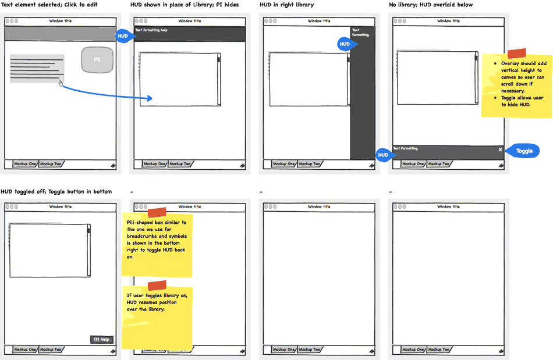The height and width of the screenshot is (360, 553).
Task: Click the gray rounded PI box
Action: click(97, 59)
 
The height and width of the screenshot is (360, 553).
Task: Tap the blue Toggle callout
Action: click(523, 151)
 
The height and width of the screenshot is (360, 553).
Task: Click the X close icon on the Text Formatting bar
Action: click(500, 149)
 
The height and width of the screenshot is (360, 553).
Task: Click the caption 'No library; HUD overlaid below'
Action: click(430, 5)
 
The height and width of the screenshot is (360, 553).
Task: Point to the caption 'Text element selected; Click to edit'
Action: click(49, 5)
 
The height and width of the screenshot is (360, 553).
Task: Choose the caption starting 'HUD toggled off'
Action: click(56, 191)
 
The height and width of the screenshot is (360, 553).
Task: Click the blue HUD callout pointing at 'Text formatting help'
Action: click(124, 36)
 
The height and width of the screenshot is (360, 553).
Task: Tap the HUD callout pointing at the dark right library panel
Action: click(345, 44)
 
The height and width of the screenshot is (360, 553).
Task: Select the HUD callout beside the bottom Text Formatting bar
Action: click(383, 155)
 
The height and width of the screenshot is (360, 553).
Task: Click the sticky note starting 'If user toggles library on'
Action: click(157, 317)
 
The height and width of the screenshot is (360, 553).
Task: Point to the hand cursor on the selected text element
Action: click(61, 84)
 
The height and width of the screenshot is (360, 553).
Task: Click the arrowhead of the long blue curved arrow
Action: click(150, 99)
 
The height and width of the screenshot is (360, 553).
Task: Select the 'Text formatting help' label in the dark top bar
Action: click(151, 30)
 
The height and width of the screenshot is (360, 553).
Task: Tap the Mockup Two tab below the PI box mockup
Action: click(51, 164)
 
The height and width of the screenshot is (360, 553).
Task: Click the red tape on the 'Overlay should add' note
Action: click(516, 54)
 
